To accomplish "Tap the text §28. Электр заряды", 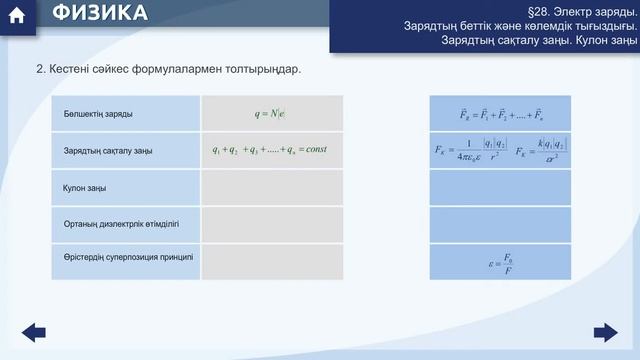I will click(584, 9).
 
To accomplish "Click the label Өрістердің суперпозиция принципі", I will click(128, 258).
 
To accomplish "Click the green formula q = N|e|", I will click(271, 113).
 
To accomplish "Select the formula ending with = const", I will click(270, 150).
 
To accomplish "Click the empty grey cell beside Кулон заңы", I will click(271, 187).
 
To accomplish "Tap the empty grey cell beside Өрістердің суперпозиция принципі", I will click(271, 261).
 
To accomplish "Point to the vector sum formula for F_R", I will click(500, 114).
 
